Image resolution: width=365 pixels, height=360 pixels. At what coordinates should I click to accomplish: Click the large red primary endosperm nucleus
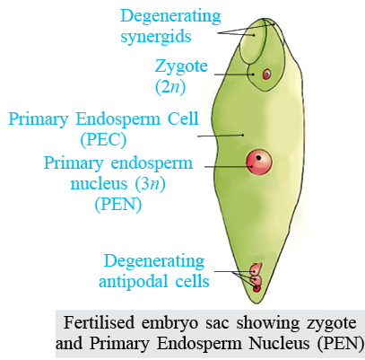point(259,162)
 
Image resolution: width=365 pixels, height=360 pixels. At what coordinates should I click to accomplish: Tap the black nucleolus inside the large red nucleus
point(259,157)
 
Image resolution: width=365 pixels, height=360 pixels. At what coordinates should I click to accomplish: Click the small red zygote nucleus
point(266,74)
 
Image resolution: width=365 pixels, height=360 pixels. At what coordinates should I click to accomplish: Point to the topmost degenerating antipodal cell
point(256,269)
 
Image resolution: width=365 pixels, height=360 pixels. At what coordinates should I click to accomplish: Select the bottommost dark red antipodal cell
point(257,288)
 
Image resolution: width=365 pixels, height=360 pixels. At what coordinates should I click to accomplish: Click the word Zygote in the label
point(181,66)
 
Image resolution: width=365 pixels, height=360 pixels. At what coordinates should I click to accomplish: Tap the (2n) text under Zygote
point(170,87)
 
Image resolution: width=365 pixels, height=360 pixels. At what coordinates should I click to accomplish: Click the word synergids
point(155,37)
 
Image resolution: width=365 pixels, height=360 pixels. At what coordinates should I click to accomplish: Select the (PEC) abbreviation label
point(103,140)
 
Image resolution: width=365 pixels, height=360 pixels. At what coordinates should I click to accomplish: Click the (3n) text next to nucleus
point(151,183)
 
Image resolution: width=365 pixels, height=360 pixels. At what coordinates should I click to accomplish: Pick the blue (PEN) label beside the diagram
point(118,204)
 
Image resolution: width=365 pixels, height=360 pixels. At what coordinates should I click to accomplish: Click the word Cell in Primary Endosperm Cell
point(182,119)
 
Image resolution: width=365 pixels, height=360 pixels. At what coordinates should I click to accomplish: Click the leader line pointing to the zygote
point(234,75)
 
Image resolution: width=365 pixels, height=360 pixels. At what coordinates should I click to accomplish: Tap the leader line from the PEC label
point(221,136)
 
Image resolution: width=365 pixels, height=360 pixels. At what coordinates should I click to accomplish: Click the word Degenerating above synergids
point(170,17)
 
